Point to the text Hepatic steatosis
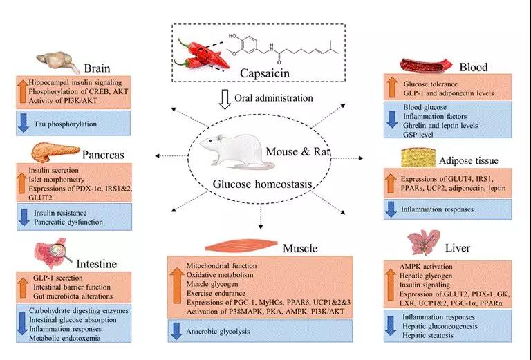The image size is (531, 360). pyautogui.click(x=429, y=335)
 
